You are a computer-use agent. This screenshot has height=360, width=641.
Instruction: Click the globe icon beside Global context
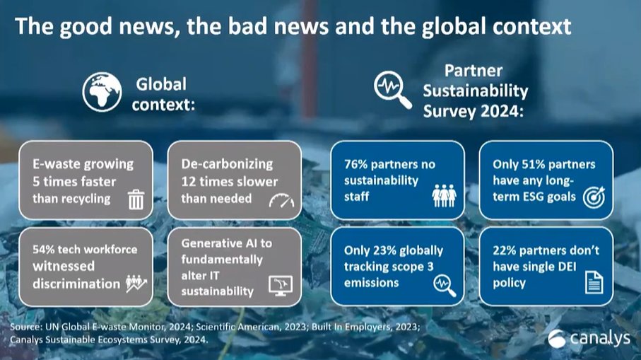(102, 92)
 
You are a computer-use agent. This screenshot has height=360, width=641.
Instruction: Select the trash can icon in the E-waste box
(136, 200)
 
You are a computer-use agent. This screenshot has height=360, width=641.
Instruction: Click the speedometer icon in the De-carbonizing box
(281, 201)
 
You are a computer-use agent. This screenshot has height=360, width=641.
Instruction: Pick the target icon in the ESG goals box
(592, 199)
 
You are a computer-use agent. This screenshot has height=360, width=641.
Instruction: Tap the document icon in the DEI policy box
(593, 284)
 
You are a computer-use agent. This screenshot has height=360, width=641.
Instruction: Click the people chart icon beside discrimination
(136, 284)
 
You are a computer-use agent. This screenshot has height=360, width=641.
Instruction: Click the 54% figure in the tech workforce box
(46, 250)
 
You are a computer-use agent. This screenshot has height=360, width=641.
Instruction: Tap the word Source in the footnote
(26, 327)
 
